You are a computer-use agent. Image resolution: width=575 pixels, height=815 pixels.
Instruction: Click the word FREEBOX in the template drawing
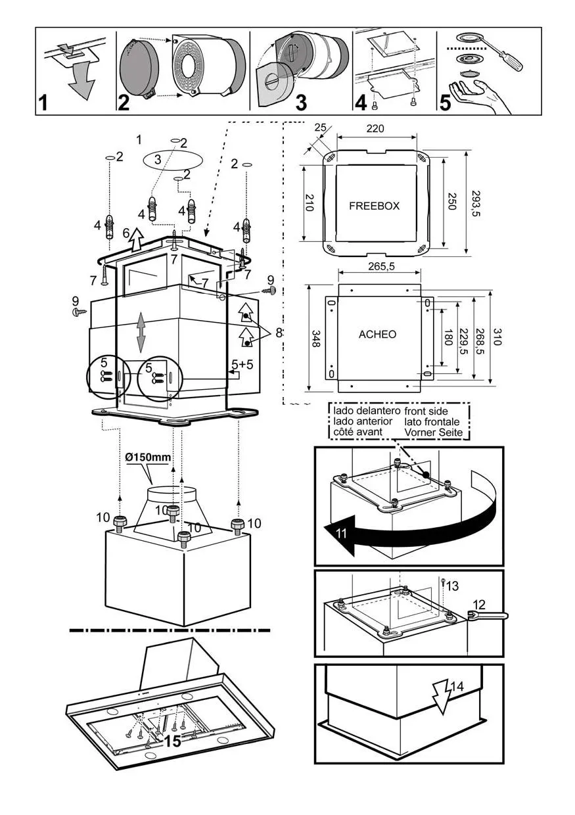pyautogui.click(x=374, y=206)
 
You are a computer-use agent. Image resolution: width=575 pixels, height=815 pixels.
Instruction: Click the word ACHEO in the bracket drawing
pyautogui.click(x=377, y=335)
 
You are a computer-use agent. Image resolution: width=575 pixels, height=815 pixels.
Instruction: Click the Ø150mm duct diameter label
pyautogui.click(x=147, y=457)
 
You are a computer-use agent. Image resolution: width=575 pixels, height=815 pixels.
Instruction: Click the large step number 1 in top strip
pyautogui.click(x=44, y=103)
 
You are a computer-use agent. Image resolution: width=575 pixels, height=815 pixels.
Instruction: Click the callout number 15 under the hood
pyautogui.click(x=173, y=741)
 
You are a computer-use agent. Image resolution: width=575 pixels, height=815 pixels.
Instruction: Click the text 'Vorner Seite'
pyautogui.click(x=434, y=432)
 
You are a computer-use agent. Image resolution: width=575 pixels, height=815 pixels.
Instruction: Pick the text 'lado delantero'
pyautogui.click(x=363, y=410)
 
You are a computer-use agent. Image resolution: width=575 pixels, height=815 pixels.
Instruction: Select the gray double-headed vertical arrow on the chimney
pyautogui.click(x=141, y=333)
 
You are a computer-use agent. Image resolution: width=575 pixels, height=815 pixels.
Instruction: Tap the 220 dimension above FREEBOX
pyautogui.click(x=375, y=129)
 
